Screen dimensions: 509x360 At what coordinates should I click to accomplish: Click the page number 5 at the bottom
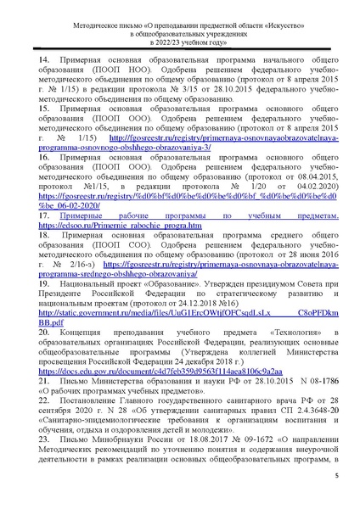click(336, 476)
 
